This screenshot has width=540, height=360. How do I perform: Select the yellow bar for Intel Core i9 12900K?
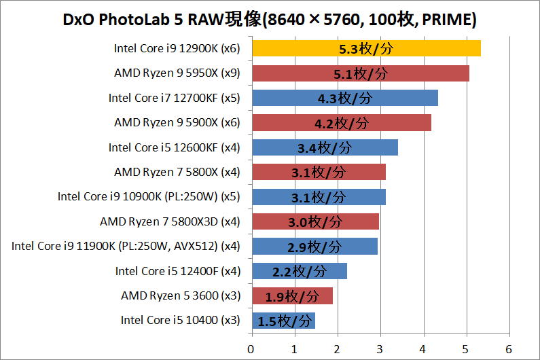pos(366,49)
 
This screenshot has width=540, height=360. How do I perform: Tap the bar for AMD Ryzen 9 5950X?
pos(361,73)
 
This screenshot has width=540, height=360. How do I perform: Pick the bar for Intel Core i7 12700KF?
pos(345,98)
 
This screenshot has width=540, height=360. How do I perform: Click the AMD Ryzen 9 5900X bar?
pos(342,123)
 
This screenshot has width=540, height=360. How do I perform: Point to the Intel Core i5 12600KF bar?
pos(325,147)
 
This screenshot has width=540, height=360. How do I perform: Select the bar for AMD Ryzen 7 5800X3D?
pos(315,221)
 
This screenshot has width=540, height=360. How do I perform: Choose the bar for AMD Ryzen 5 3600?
pos(292,296)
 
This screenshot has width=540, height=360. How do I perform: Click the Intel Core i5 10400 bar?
pos(283,321)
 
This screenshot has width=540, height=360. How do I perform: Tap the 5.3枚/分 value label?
pos(367,49)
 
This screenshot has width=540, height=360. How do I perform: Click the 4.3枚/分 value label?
pos(345,98)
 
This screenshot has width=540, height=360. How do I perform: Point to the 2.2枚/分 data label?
pos(300,272)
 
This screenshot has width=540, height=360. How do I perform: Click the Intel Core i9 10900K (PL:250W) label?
pos(149,197)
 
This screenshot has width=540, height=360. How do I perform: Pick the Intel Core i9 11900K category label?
pos(126,246)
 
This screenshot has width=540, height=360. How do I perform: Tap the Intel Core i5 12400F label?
pos(177,271)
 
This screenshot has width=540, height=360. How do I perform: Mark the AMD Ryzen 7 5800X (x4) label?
pos(177,172)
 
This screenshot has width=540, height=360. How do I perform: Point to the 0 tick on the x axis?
pos(252,348)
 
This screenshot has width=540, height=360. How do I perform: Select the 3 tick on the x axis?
pos(380,348)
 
